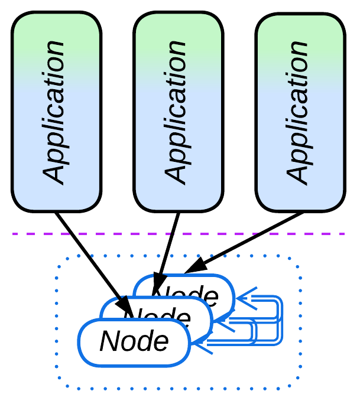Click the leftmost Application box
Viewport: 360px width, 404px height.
pyautogui.click(x=57, y=112)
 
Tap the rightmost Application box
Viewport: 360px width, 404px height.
pyautogui.click(x=300, y=112)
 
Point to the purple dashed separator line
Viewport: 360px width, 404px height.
pyautogui.click(x=236, y=234)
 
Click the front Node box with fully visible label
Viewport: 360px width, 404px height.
pyautogui.click(x=134, y=342)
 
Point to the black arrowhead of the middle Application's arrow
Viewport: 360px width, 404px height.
pyautogui.click(x=158, y=281)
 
